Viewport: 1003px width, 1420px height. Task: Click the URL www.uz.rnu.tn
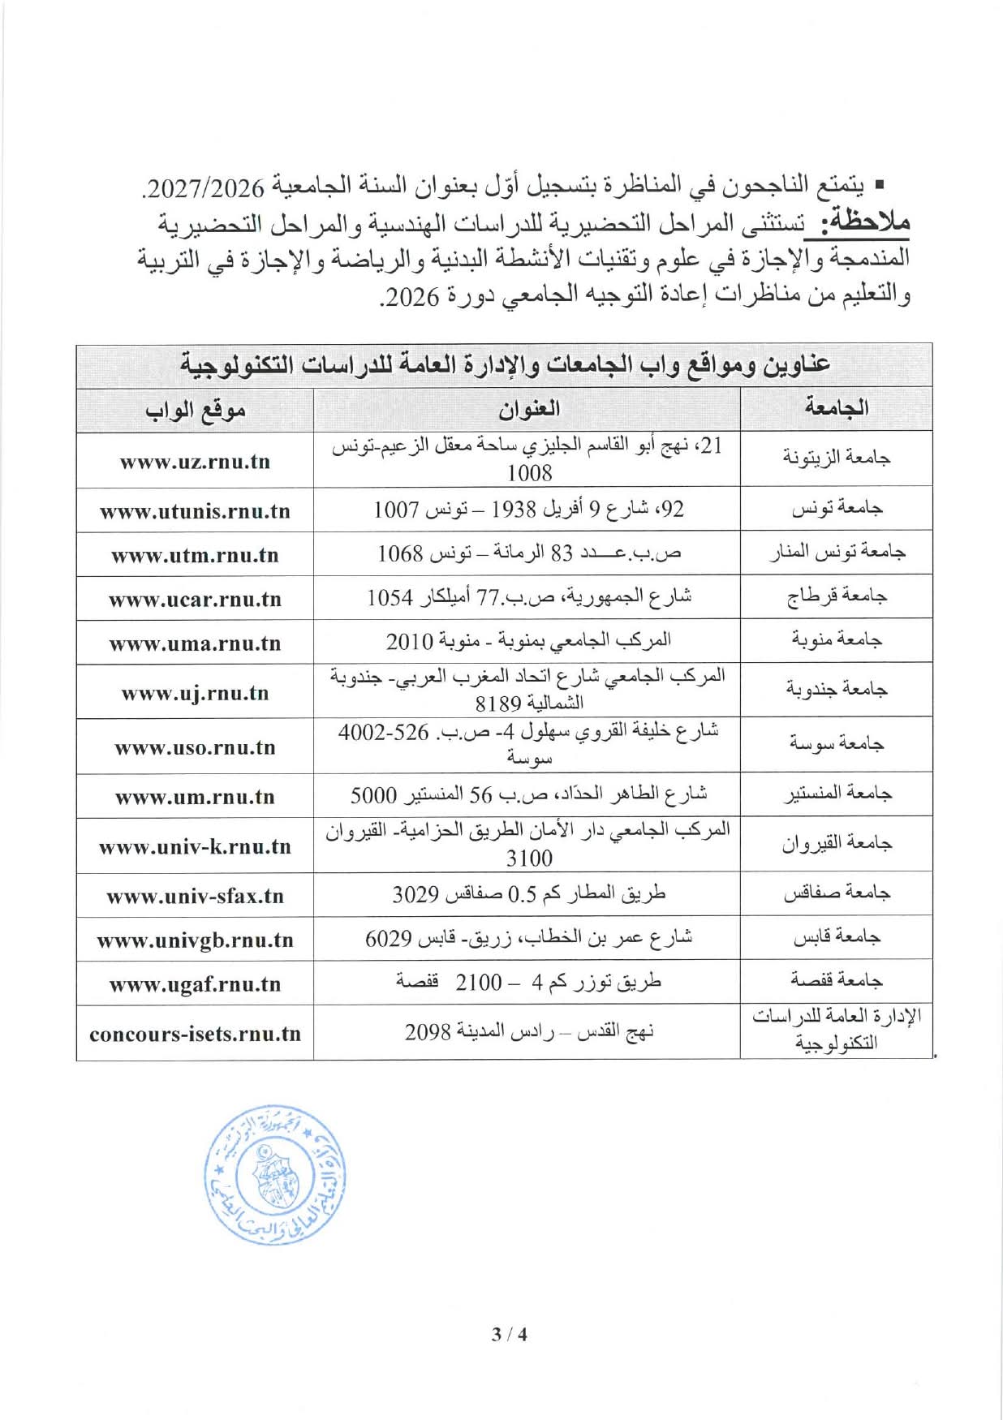195,462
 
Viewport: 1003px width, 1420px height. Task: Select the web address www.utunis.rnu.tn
195,511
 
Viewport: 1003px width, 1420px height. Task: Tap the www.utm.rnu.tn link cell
195,556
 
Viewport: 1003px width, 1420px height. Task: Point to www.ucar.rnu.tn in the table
195,600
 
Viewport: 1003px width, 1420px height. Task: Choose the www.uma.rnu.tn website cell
195,643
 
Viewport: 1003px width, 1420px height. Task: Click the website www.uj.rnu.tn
195,693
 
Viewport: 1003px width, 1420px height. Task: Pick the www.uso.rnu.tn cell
195,747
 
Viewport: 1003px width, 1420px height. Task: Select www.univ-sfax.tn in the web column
195,896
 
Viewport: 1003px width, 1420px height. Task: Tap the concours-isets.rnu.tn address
195,1034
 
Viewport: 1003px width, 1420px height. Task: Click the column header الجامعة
836,408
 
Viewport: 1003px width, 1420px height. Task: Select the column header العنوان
528,409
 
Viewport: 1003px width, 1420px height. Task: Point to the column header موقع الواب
195,411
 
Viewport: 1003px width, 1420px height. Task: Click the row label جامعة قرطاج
836,598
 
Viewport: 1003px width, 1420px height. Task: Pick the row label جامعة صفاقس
836,894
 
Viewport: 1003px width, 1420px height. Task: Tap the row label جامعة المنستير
836,794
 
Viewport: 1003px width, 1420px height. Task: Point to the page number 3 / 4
509,1334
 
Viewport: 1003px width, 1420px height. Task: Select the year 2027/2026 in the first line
207,188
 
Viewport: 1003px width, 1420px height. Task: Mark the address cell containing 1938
528,510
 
